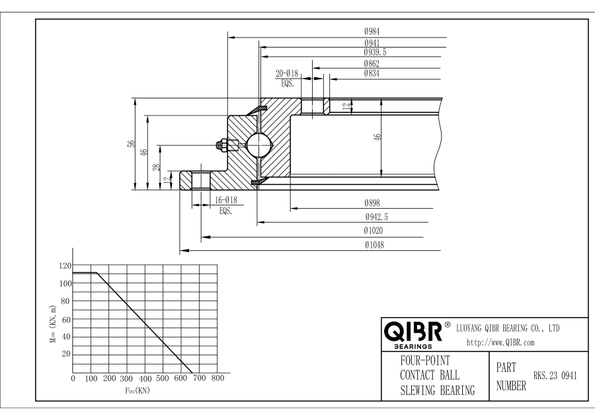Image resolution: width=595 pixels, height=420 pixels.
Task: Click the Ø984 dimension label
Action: (371, 31)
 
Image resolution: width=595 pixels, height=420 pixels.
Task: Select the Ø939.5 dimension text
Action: (375, 52)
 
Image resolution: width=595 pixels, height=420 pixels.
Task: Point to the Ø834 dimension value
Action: (371, 73)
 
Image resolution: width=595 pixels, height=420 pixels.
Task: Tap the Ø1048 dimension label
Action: (375, 245)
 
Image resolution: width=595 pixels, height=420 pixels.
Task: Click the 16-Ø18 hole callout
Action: (225, 201)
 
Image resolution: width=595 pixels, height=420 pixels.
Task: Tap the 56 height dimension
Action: (131, 145)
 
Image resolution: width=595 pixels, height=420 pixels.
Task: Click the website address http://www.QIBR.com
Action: (501, 342)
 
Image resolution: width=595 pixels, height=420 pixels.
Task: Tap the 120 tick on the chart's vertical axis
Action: (65, 265)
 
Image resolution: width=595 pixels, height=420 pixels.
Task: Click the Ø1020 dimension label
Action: (375, 231)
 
